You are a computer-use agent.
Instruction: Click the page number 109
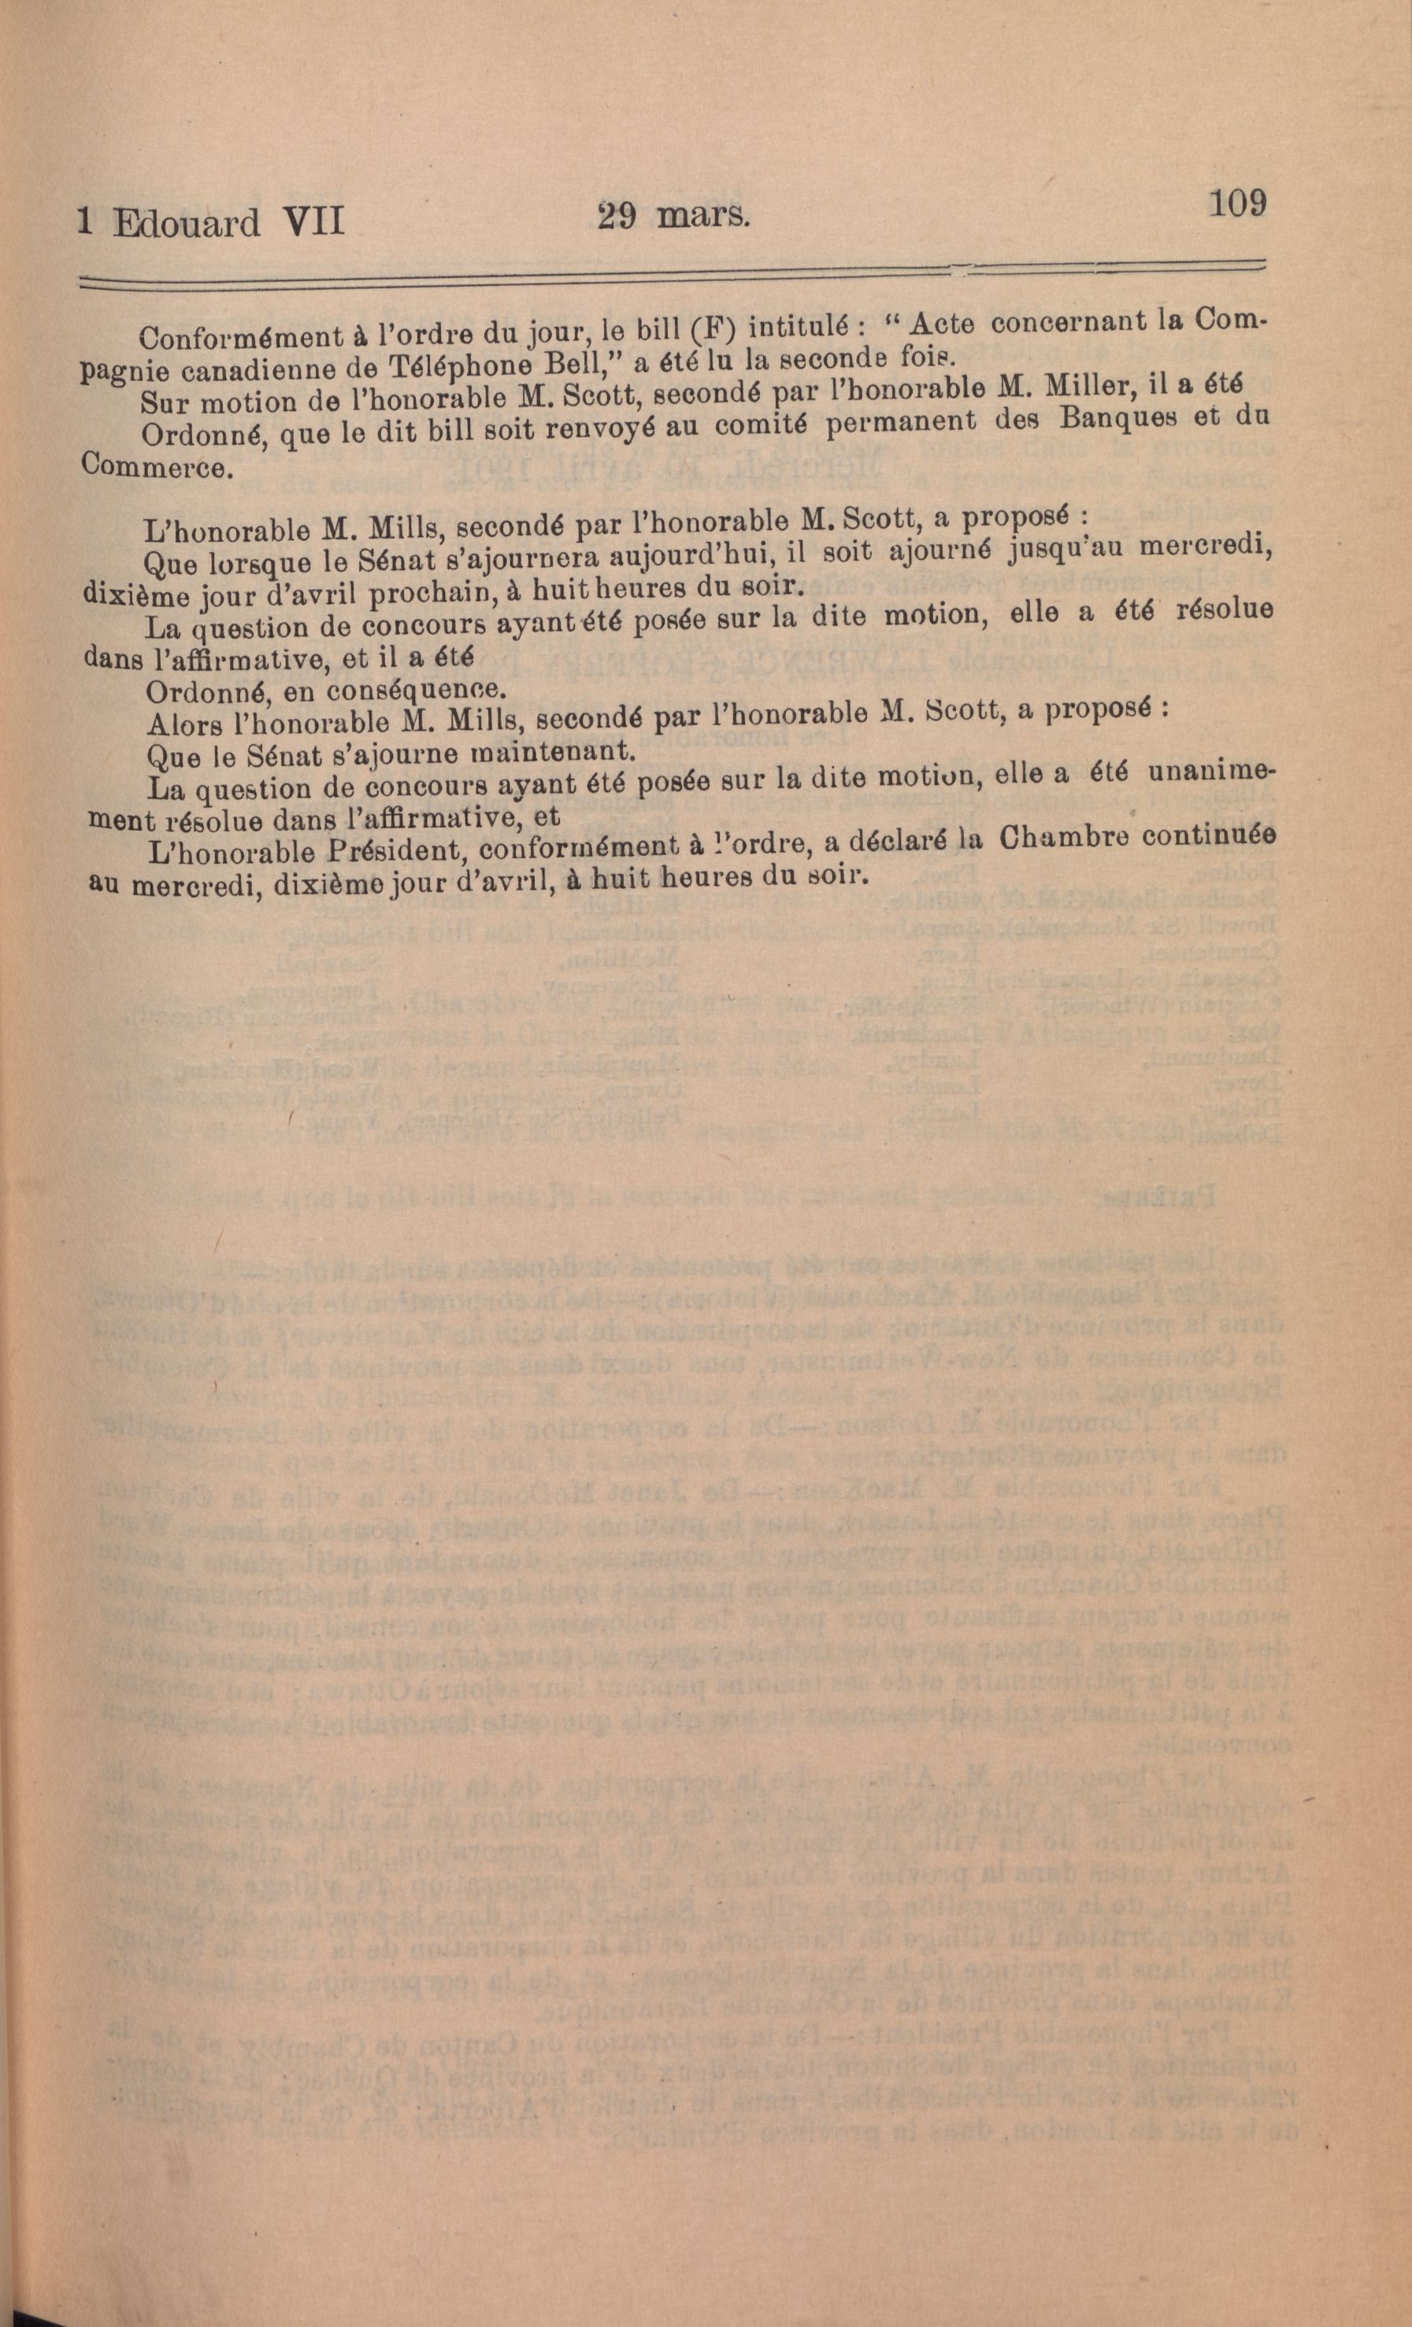click(x=1235, y=203)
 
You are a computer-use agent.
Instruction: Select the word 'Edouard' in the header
click(x=186, y=224)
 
